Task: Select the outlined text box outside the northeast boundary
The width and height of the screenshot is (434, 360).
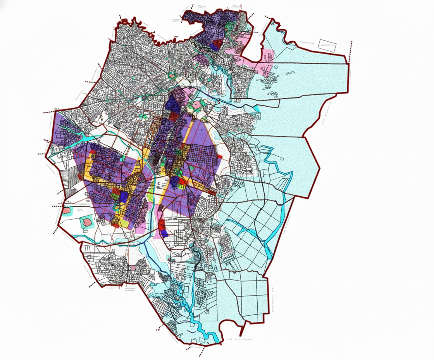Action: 327,45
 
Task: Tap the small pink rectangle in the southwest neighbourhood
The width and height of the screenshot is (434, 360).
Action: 133,268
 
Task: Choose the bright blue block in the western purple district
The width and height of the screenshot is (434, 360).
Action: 124,196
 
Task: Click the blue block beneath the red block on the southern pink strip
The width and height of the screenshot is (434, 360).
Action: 164,233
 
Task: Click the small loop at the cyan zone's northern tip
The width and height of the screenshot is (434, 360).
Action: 274,23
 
